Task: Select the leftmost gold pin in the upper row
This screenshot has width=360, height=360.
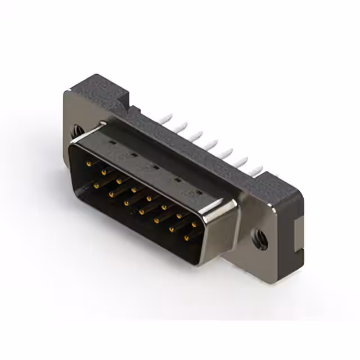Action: (89, 164)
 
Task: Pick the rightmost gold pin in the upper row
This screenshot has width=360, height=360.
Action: (194, 224)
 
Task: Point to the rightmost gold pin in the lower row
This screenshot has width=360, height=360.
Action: (186, 238)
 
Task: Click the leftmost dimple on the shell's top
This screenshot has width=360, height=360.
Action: (112, 143)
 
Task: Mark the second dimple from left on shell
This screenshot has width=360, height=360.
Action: (134, 155)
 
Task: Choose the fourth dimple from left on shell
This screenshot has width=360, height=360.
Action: (177, 180)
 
